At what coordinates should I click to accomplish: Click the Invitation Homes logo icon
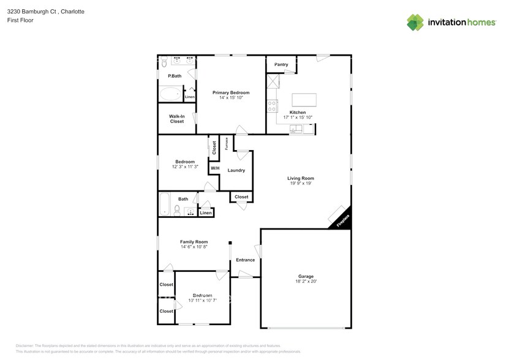(x=416, y=22)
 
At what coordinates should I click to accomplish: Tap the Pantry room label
(x=281, y=64)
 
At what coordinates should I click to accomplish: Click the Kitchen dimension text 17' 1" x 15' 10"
(x=298, y=118)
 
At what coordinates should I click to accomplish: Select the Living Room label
(x=300, y=179)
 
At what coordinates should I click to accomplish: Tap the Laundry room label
(x=236, y=170)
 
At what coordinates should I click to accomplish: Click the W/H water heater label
(x=214, y=168)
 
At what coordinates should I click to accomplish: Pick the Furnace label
(x=226, y=143)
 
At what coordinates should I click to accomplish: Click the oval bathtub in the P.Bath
(x=170, y=95)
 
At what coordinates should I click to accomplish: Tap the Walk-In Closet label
(x=176, y=119)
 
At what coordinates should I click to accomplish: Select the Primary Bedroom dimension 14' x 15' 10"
(x=231, y=97)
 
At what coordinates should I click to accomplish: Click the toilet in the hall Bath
(x=178, y=211)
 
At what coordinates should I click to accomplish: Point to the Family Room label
(x=194, y=242)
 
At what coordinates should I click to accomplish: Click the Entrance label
(x=245, y=260)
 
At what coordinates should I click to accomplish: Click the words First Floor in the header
(x=20, y=20)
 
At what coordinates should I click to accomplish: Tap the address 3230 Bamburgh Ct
(x=31, y=12)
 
